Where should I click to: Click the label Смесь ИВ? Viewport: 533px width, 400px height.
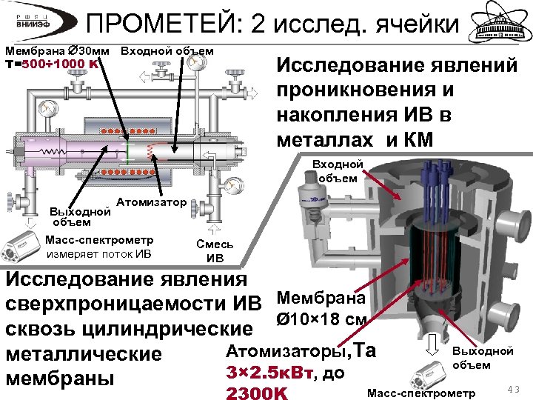pyautogui.click(x=215, y=251)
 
